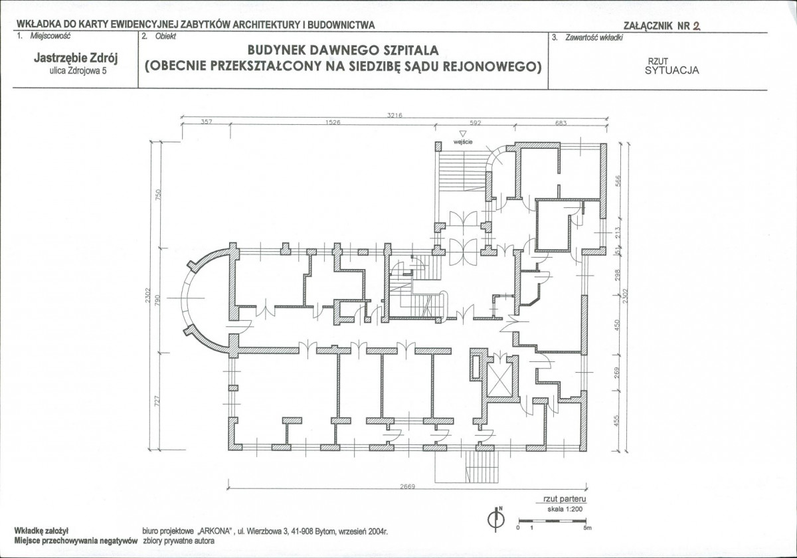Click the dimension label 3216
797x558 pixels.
pos(395,115)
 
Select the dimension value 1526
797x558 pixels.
pos(333,122)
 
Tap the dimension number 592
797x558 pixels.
pos(476,123)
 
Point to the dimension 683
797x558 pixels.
pos(561,123)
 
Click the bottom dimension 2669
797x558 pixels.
pos(407,486)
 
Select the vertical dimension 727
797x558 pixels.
pos(157,401)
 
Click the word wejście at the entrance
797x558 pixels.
pos(463,142)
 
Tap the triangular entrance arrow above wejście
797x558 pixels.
pos(462,134)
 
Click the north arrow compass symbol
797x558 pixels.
pos(496,519)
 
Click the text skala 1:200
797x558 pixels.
pos(565,510)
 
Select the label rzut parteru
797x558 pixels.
pos(565,499)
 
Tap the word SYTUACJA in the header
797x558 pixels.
pos(671,70)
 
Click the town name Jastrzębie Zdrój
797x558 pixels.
pos(76,58)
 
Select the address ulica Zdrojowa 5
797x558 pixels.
pos(78,70)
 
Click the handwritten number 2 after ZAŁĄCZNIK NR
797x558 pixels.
pos(696,26)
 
